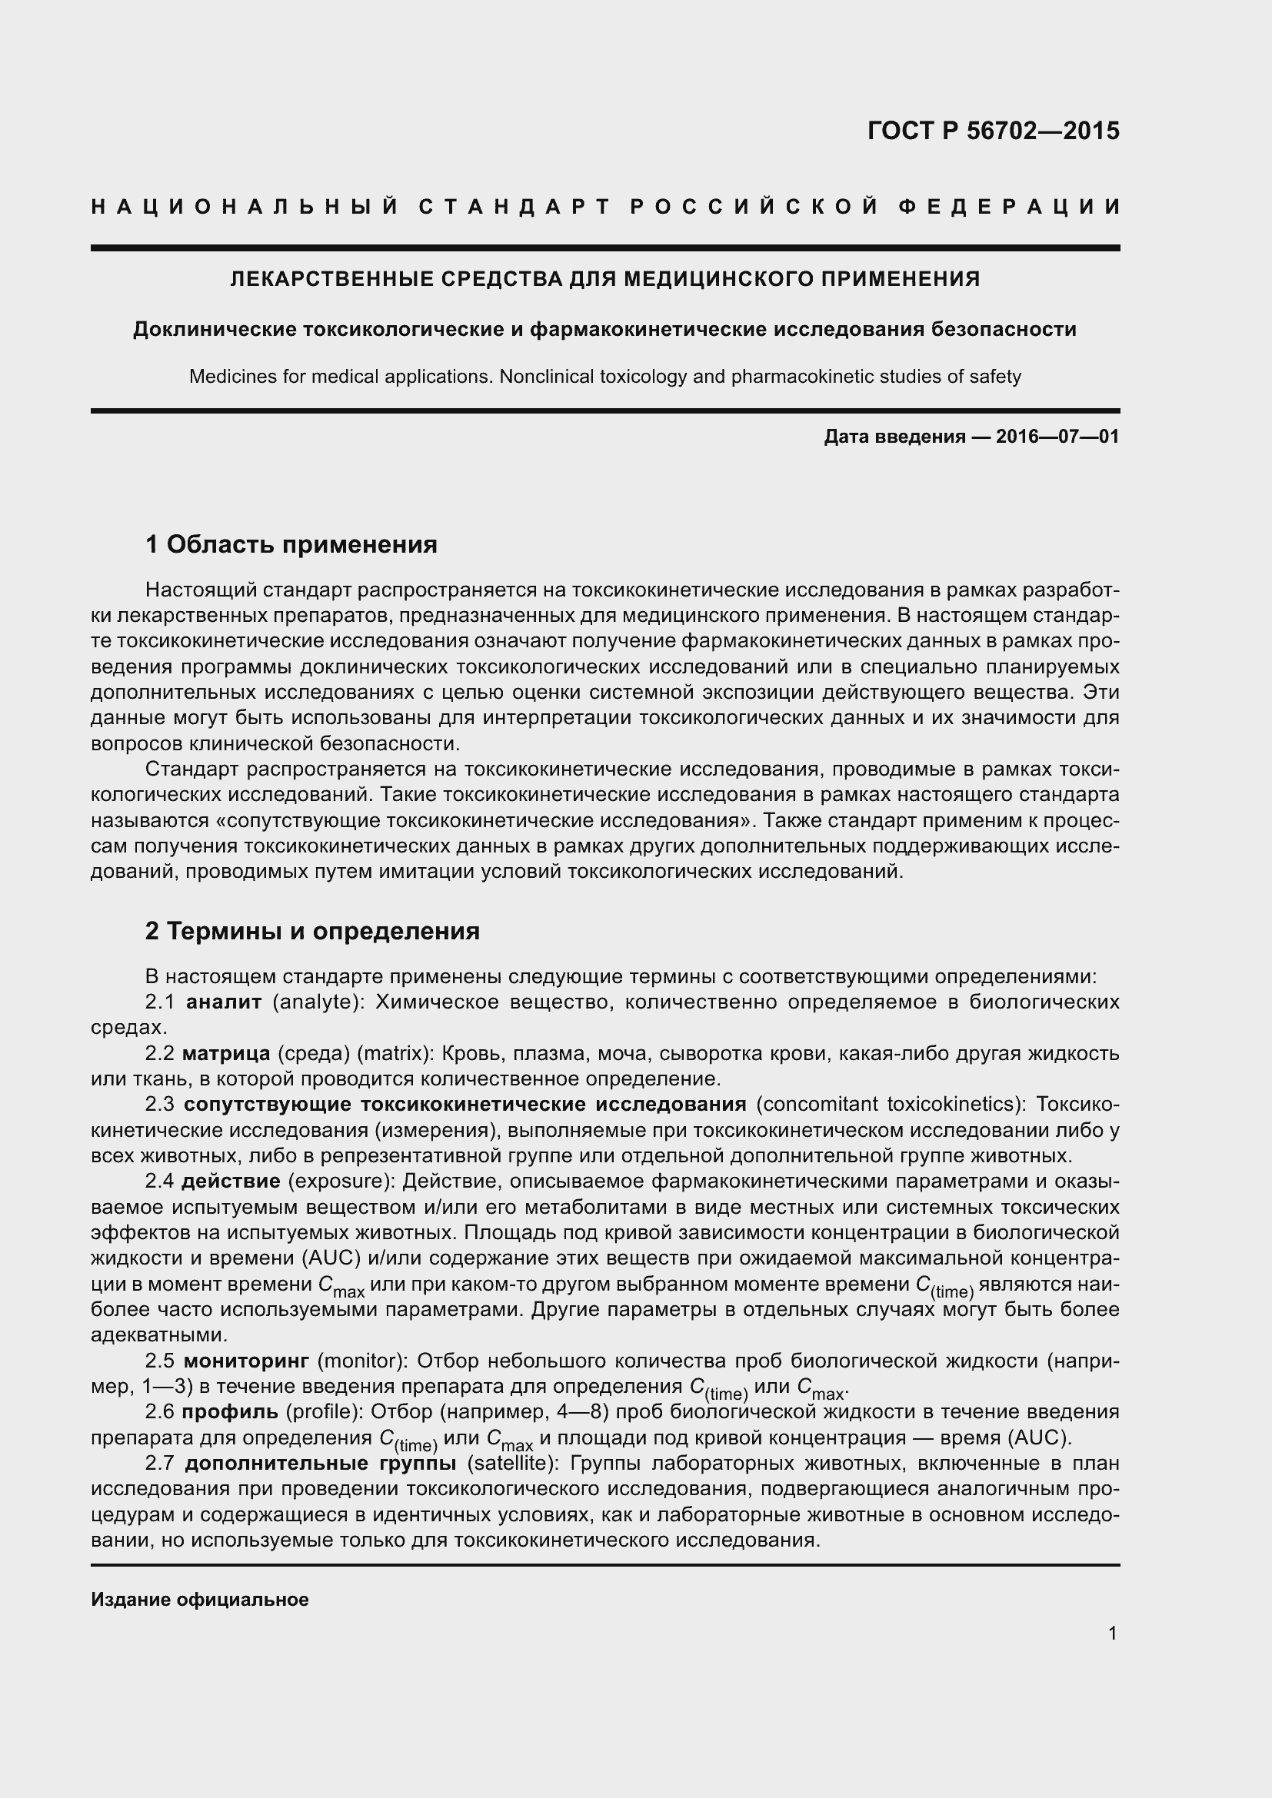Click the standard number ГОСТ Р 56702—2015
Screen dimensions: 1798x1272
pos(993,131)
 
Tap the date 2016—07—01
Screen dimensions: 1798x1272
pos(1057,436)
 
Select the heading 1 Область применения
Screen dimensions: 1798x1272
pos(291,543)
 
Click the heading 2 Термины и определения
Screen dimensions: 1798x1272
pos(312,930)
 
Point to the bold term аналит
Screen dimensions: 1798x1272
pos(223,1002)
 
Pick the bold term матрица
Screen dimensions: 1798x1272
pos(225,1053)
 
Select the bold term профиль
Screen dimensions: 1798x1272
pos(229,1412)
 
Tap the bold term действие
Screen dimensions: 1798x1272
pos(231,1180)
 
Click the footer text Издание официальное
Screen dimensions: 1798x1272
pos(200,1599)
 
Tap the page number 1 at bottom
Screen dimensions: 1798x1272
pos(1112,1633)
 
